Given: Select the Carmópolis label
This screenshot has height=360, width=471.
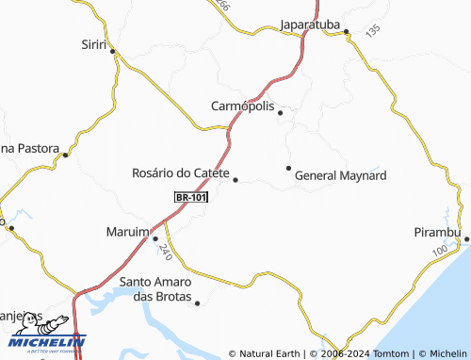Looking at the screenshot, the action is [243, 106].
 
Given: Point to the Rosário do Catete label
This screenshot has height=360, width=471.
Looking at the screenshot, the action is [180, 173].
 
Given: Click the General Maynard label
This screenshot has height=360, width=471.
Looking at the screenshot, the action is [340, 175].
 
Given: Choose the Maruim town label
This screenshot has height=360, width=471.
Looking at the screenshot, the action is [128, 232].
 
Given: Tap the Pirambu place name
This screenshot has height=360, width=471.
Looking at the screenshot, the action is [437, 232].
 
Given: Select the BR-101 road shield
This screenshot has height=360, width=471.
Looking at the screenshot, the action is [191, 197].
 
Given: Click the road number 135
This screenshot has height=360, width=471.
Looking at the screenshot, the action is [372, 31].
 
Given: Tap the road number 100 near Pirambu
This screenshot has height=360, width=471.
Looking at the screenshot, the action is [439, 252].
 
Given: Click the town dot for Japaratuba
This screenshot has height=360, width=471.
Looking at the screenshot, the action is [346, 32].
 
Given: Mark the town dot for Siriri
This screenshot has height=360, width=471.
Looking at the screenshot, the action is [112, 51].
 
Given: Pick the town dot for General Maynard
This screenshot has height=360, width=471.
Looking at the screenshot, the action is [288, 168].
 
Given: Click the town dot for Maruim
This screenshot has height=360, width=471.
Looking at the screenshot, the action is [155, 238].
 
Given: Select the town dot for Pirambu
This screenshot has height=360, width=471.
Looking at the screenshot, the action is [466, 238].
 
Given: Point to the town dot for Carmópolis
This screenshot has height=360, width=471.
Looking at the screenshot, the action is [280, 112].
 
